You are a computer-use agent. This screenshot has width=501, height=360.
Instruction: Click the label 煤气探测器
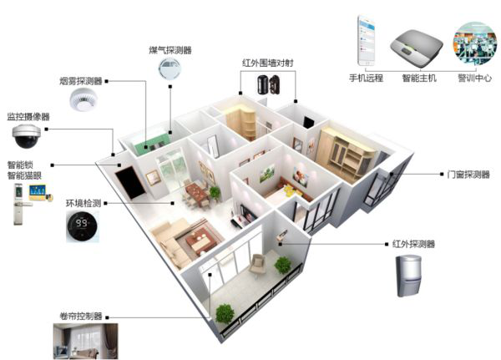pyautogui.click(x=170, y=51)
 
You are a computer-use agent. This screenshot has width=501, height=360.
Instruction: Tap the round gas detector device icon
pyautogui.click(x=171, y=70)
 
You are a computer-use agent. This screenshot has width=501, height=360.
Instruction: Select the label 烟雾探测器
pyautogui.click(x=82, y=81)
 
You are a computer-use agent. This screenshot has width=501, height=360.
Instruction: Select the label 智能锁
pyautogui.click(x=21, y=165)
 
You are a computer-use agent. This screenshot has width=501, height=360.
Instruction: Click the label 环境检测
pyautogui.click(x=83, y=203)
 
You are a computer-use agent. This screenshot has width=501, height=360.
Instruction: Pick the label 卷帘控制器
pyautogui.click(x=82, y=317)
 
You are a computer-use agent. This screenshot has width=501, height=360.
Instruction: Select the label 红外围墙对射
pyautogui.click(x=268, y=63)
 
